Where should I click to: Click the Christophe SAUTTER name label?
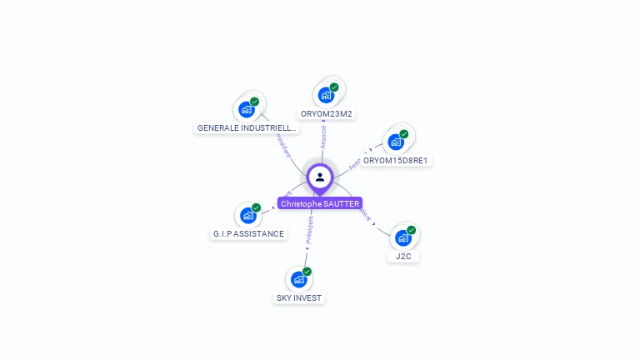tap(320, 203)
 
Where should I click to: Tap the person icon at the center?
tap(320, 177)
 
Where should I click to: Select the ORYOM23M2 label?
tap(327, 113)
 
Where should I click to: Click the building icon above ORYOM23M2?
tap(325, 94)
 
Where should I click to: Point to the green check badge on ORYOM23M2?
tap(334, 87)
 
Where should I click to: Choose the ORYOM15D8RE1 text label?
tap(397, 160)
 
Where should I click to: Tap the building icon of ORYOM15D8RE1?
tap(395, 141)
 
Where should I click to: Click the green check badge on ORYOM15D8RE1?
tap(404, 133)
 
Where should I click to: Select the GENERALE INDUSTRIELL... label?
tap(247, 128)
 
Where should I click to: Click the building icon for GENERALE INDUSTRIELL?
tap(246, 108)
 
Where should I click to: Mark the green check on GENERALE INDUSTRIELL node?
tap(255, 101)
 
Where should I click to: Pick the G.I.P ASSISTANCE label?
tap(248, 234)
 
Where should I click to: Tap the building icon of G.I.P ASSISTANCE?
tap(247, 215)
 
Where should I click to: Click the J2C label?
tap(403, 257)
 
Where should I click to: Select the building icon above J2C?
tap(402, 237)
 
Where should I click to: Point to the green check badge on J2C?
tap(412, 230)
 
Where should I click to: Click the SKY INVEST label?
tap(299, 297)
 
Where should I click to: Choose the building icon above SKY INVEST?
tap(298, 279)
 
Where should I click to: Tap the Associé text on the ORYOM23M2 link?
tap(323, 137)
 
